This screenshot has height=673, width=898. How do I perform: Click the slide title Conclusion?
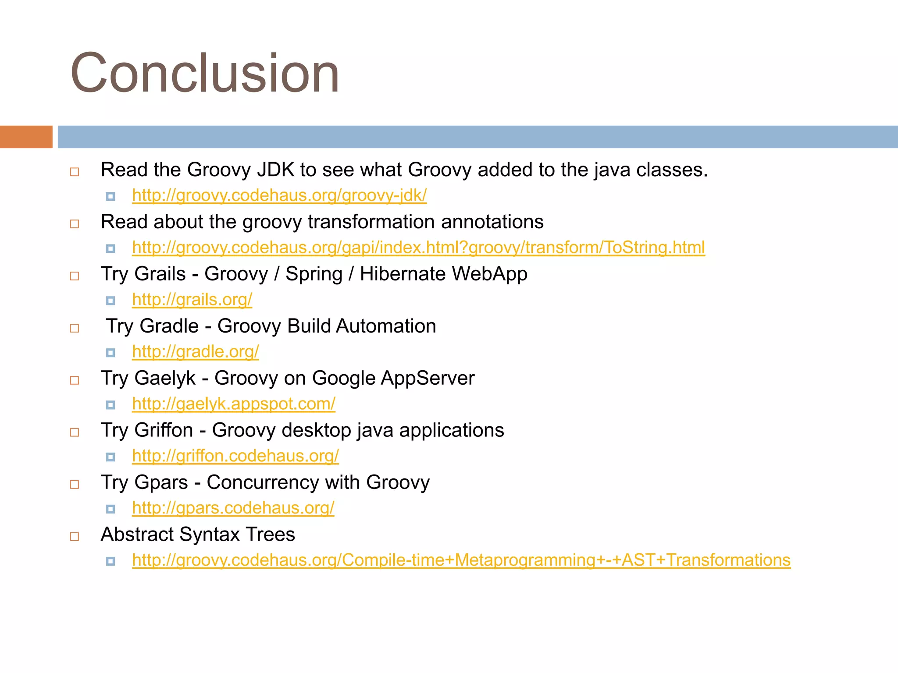click(x=205, y=73)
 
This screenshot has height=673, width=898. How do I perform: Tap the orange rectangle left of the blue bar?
click(x=26, y=137)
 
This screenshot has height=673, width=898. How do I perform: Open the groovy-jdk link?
click(x=279, y=195)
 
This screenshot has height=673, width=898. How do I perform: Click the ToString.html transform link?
click(x=418, y=248)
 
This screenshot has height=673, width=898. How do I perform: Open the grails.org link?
click(x=192, y=300)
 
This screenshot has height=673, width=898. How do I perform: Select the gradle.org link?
click(x=196, y=352)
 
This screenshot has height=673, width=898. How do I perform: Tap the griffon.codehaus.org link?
click(x=235, y=456)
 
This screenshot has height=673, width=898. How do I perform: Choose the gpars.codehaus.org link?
click(x=233, y=508)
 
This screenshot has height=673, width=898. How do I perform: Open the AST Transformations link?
click(x=461, y=560)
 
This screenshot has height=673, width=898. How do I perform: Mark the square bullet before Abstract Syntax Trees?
click(x=75, y=536)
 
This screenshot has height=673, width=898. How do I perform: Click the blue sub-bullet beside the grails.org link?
click(x=110, y=301)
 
